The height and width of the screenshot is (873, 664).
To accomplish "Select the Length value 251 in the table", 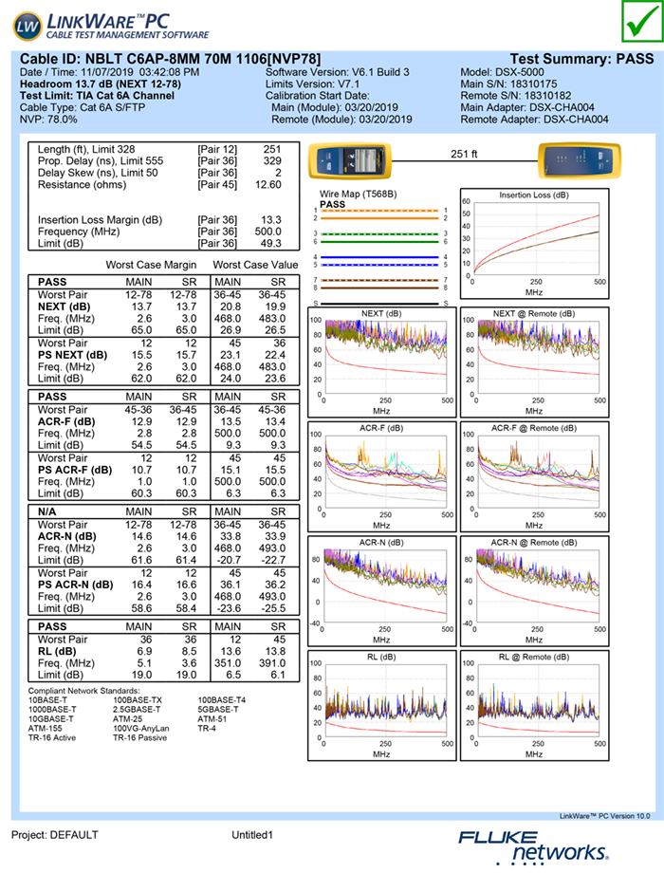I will click(x=272, y=150).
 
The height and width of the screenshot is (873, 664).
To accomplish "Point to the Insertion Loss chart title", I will click(x=534, y=195).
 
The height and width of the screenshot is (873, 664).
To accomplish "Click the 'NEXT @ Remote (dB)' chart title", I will click(x=534, y=313).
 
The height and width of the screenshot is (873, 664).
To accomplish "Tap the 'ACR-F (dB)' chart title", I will click(x=381, y=428).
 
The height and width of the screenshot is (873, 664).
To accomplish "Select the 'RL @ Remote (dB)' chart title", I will click(x=534, y=656).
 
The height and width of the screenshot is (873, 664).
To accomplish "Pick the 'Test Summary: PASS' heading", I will click(x=581, y=59).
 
